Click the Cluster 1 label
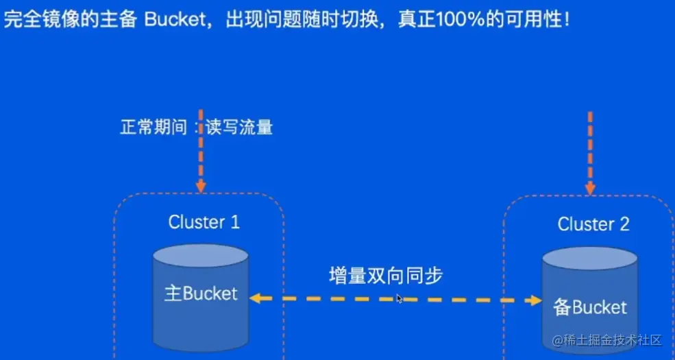coord(204,222)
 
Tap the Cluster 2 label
coord(593,224)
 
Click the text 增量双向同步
coord(386,276)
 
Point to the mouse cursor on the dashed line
coord(400,298)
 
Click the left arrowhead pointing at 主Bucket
coord(255,298)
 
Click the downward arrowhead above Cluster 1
coord(200,187)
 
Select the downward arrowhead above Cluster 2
coord(590,188)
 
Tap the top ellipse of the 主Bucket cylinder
coord(201,256)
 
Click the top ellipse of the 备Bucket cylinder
coord(590,259)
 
